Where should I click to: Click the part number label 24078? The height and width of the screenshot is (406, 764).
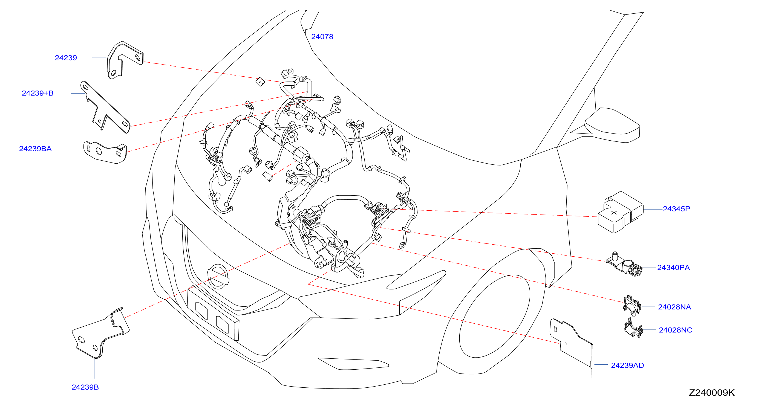[x=322, y=37]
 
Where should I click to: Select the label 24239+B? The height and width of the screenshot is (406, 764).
[x=38, y=93]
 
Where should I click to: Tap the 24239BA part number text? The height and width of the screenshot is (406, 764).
[x=35, y=149]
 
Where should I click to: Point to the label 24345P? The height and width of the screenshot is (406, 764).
[x=676, y=209]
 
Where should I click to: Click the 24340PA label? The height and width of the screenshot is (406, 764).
[x=674, y=268]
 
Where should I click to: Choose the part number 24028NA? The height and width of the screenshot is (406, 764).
[x=674, y=307]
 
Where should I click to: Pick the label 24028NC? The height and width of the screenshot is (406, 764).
[x=675, y=330]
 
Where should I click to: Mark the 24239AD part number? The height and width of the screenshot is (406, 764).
[x=627, y=366]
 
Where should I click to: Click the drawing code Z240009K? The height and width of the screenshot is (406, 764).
[x=711, y=393]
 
